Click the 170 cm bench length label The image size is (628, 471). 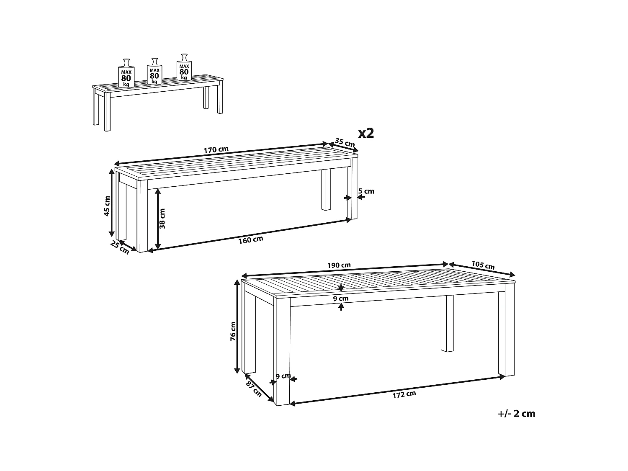pos(216,149)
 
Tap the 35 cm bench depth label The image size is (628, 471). pos(345,142)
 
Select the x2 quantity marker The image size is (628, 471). pos(366,133)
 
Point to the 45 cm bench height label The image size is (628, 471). pos(107,206)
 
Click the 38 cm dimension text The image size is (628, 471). pos(162,219)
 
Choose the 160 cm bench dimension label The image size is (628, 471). pos(251,240)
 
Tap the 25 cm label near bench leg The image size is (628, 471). pos(120,248)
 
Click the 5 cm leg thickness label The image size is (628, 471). pos(366,191)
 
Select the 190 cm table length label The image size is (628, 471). pos(339,265)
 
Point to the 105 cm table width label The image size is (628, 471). pos(483,265)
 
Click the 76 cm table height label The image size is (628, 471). pos(233,331)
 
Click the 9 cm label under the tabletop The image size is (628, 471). pos(341,299)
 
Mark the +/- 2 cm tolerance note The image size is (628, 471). pos(516,414)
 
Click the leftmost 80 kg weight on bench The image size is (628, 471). pos(126,73)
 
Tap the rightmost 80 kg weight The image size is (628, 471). pos(184,67)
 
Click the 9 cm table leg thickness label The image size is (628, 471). pos(283,376)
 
